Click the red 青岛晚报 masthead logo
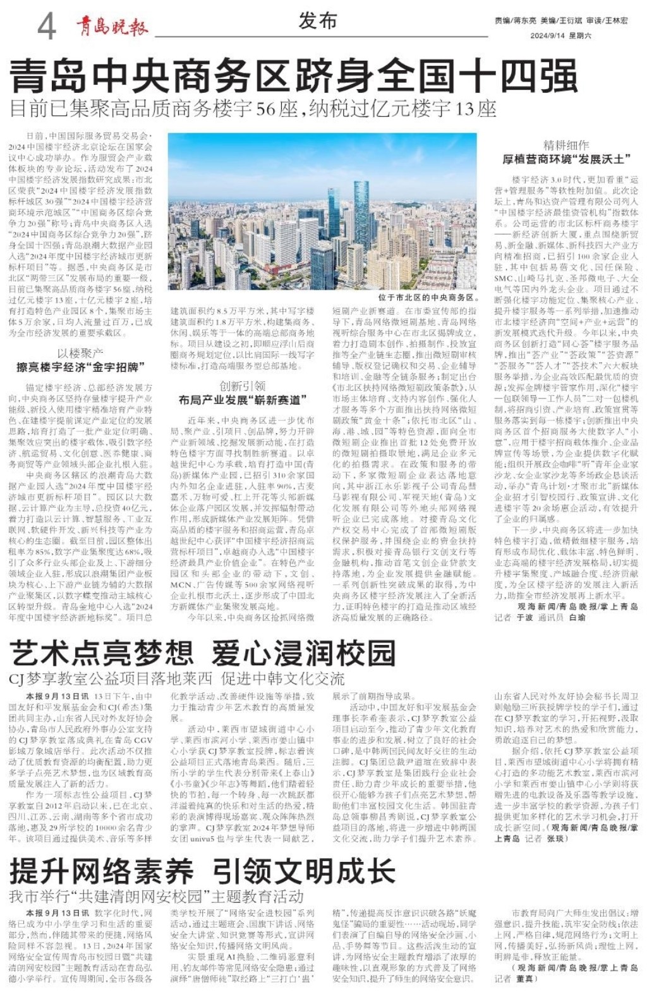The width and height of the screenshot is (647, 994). coord(112,27)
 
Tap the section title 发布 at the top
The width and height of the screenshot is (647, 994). coord(317,21)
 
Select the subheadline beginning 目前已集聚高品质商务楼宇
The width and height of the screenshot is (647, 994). coord(253,109)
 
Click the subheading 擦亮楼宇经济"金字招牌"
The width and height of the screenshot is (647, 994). coord(81,367)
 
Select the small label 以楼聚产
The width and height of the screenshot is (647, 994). coord(80,353)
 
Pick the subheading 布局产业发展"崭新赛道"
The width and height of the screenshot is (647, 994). coord(242,400)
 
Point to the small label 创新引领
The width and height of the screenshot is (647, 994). coord(242,386)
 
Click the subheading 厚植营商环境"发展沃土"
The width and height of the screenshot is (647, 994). coord(566,159)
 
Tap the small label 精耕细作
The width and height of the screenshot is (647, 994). coord(566,145)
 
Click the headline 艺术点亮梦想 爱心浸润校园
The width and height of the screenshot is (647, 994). coord(202,653)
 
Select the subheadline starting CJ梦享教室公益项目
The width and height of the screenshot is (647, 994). coord(177,678)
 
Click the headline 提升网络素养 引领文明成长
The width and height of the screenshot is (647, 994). coord(202,872)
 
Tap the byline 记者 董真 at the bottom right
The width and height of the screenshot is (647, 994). coord(514,978)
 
